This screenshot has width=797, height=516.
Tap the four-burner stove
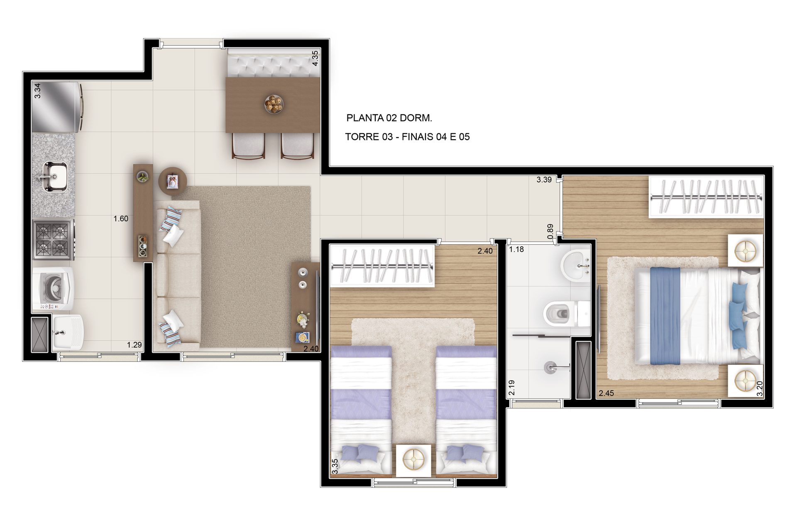pyautogui.click(x=54, y=239)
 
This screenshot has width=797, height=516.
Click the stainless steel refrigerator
pyautogui.click(x=57, y=107)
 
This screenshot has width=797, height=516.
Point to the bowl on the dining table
pyautogui.click(x=274, y=104)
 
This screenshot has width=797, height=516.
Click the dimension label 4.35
pyautogui.click(x=315, y=58)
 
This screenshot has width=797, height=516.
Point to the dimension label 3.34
pyautogui.click(x=37, y=91)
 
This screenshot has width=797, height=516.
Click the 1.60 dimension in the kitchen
pyautogui.click(x=121, y=219)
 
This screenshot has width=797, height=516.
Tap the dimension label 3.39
pyautogui.click(x=544, y=179)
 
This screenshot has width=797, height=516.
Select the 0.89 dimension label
pyautogui.click(x=550, y=231)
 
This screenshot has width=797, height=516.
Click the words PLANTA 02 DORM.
pyautogui.click(x=389, y=118)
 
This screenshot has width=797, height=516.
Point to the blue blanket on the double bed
pyautogui.click(x=665, y=316)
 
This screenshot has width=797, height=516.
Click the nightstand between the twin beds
pyautogui.click(x=413, y=460)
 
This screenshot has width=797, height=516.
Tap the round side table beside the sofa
pyautogui.click(x=173, y=181)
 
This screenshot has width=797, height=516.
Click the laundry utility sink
pyautogui.click(x=68, y=333)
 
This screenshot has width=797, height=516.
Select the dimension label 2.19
pyautogui.click(x=512, y=388)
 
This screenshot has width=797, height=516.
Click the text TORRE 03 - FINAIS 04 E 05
pyautogui.click(x=407, y=137)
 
